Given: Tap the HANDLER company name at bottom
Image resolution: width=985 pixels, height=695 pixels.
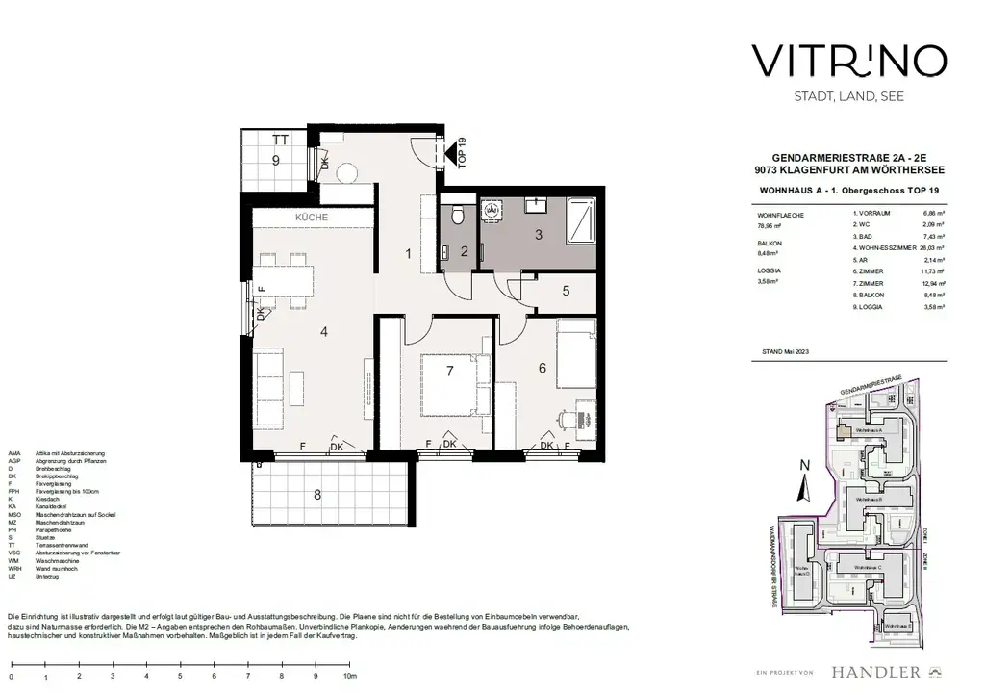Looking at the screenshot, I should (x=874, y=671).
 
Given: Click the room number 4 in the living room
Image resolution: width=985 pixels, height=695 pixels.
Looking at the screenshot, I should (x=325, y=332).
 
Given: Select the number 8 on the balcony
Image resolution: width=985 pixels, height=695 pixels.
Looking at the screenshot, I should (x=317, y=496).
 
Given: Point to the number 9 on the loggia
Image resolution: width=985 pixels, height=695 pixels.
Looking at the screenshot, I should (x=275, y=161).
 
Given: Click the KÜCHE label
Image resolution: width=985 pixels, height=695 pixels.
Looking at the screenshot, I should (x=312, y=218).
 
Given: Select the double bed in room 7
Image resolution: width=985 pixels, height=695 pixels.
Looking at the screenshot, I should (x=452, y=384).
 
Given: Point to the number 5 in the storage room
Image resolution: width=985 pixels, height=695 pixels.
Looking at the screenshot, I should (x=566, y=291).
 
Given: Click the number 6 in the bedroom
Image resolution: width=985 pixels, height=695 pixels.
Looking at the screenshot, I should (x=543, y=368).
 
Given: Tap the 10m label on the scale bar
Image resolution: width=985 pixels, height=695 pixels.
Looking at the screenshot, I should (x=348, y=678).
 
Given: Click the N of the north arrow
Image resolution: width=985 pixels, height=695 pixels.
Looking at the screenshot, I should (x=806, y=465).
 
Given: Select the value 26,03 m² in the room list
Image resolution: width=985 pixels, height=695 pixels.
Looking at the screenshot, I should (x=927, y=245).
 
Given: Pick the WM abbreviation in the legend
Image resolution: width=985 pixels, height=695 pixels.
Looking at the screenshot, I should (x=13, y=561).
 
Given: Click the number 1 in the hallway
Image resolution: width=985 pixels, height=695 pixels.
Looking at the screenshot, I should (x=409, y=254).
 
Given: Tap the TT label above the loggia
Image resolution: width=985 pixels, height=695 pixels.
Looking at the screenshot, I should (x=280, y=140).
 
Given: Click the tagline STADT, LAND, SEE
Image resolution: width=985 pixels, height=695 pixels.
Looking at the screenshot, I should (x=836, y=96).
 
